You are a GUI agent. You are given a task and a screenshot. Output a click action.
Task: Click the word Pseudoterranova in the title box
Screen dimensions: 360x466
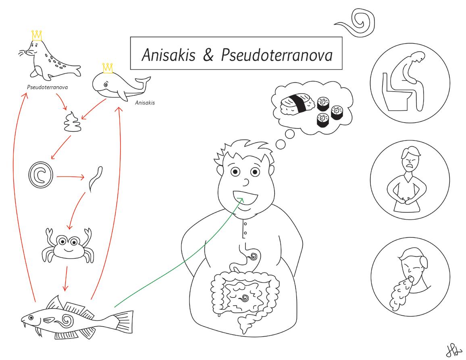(277, 55)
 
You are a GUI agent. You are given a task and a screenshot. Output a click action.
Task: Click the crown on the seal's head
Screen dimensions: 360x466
(36, 35)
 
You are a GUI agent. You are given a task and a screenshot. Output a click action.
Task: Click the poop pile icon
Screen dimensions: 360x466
(73, 123)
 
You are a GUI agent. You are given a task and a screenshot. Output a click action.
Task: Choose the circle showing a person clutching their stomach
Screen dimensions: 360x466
(410, 179)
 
